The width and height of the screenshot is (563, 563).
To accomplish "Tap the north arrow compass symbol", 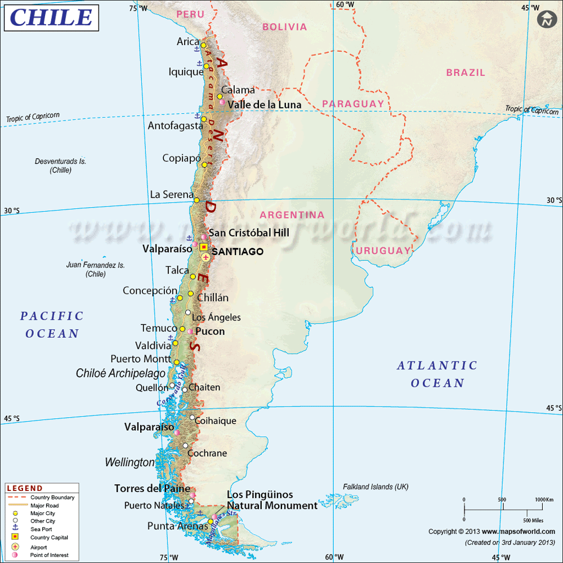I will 547,20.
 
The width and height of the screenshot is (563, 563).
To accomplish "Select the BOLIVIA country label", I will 285,26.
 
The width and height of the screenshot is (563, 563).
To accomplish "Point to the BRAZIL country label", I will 466,73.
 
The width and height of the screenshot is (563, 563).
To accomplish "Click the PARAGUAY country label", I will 353,104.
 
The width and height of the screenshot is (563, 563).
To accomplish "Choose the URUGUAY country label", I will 385,250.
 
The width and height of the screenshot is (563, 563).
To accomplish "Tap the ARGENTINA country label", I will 292,215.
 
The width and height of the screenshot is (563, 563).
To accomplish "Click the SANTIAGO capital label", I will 238,252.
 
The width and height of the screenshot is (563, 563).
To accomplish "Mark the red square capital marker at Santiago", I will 204,247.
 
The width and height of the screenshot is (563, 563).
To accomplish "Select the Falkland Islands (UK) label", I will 376,486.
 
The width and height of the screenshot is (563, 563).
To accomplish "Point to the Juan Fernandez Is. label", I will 96,265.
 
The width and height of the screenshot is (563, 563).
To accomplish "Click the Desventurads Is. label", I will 60,161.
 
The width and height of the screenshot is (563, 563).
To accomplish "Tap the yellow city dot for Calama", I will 220,96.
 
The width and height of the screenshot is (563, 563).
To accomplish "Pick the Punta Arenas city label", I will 177,526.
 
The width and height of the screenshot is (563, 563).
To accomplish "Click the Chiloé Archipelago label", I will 121,373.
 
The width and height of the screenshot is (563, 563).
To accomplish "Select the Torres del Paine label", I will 152,489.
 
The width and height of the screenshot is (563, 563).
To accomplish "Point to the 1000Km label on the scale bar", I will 544,500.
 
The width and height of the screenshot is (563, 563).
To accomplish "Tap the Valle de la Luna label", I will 265,105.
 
